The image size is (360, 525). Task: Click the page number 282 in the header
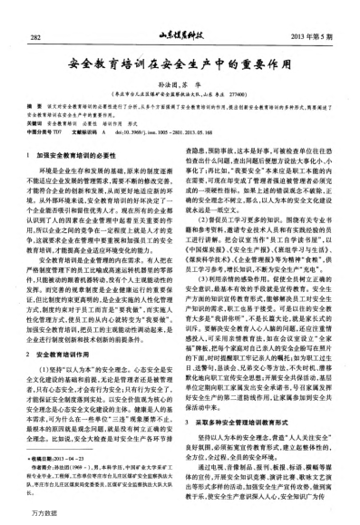tap(37, 36)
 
